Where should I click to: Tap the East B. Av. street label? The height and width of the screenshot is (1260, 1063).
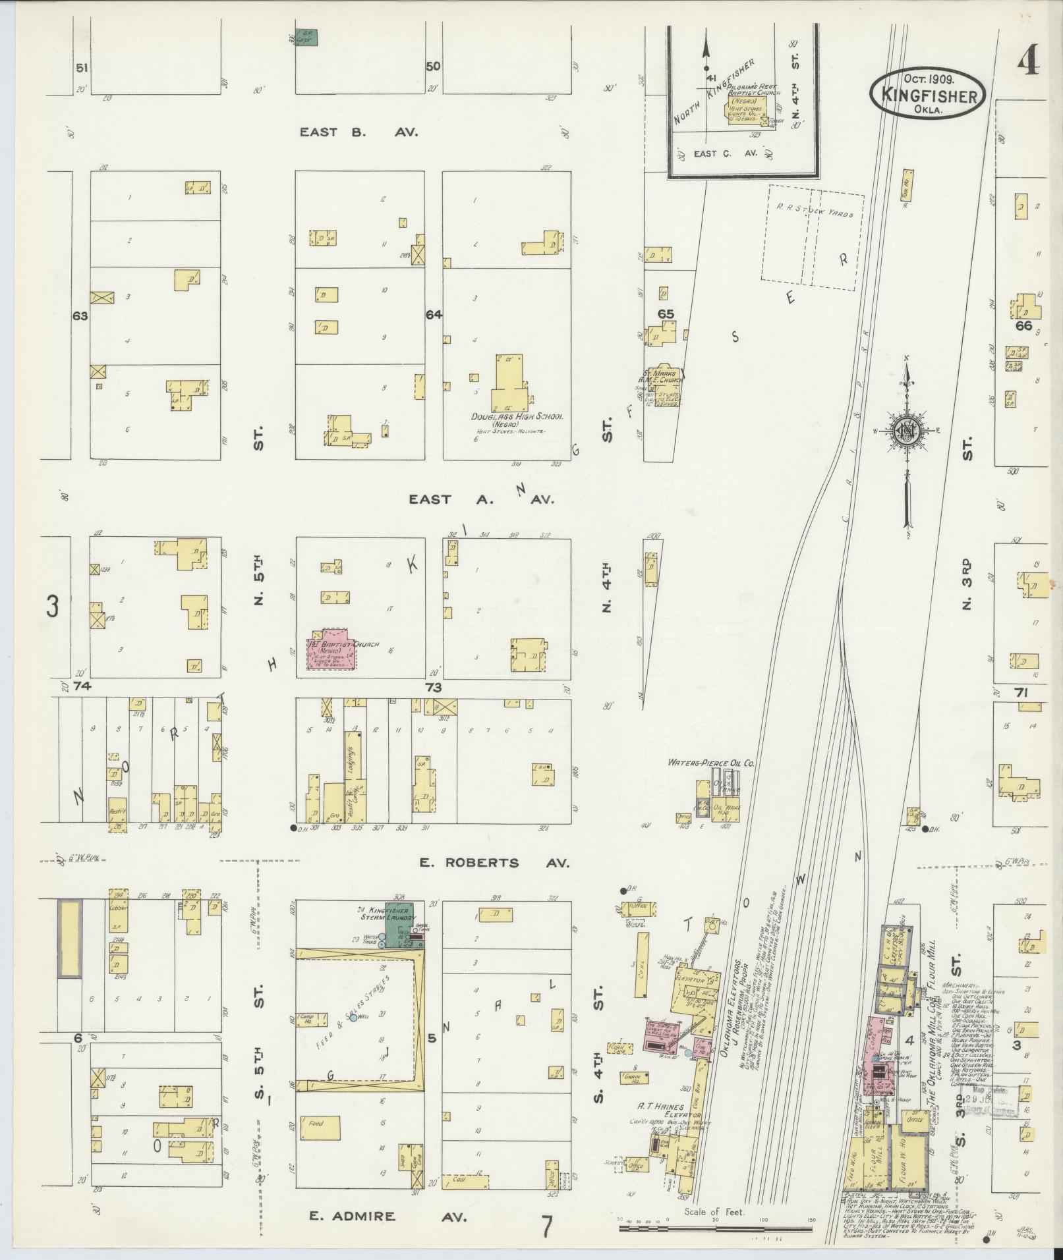pos(359,132)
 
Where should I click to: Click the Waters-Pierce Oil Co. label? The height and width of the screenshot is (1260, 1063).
pos(710,763)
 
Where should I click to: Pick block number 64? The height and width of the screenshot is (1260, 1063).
pos(433,315)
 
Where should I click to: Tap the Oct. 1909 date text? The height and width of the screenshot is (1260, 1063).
pos(928,78)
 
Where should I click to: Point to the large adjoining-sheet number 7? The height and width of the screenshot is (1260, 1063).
pos(546,1226)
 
